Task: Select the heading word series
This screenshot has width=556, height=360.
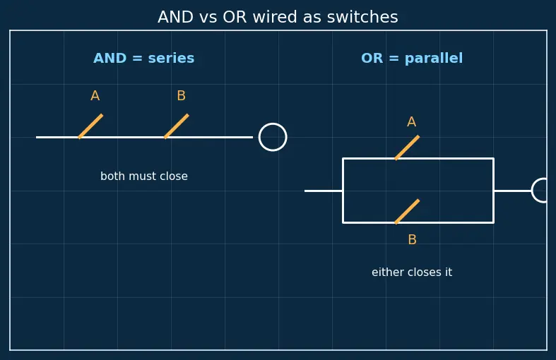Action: coord(171,58)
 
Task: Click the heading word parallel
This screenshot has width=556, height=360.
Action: coord(434,59)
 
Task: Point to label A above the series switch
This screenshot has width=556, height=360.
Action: coord(95,96)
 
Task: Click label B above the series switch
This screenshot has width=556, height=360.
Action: coord(181,96)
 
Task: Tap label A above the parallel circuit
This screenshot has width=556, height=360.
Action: coord(411,122)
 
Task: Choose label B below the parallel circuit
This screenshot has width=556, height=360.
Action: coord(412,240)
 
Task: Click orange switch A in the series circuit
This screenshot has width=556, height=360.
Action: coord(90,126)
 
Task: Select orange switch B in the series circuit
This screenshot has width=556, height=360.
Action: coord(176,126)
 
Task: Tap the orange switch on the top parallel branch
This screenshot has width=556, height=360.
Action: coord(407,148)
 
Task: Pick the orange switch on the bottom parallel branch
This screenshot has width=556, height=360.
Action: coord(407,212)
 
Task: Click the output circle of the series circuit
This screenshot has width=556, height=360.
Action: coord(273,124)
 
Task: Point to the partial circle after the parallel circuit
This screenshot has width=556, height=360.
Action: coord(533,191)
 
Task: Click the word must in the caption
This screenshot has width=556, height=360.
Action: coord(143,176)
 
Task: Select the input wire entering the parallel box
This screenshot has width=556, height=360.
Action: coord(324,191)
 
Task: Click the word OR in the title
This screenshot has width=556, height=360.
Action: coord(235,17)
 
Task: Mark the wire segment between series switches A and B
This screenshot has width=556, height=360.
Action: coord(122,137)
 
